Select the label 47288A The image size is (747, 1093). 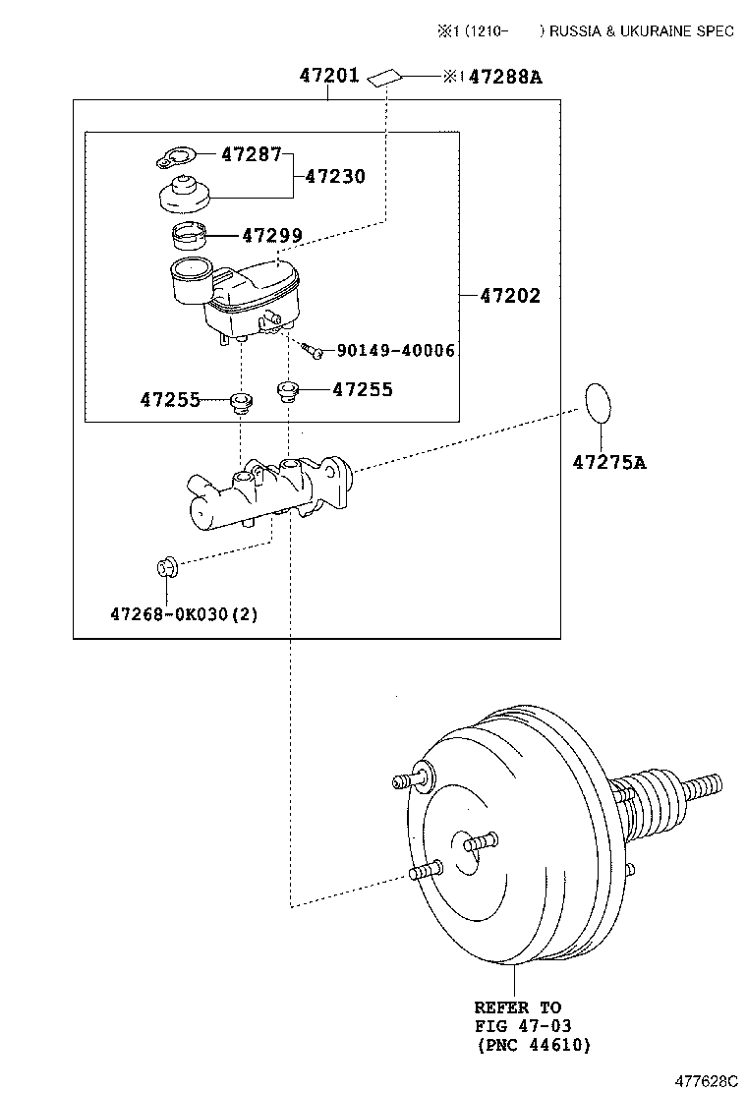[x=504, y=77]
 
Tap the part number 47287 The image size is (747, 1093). [x=251, y=154]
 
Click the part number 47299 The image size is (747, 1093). [x=272, y=236]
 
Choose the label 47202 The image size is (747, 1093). [x=509, y=296]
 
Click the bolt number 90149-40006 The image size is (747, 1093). [x=395, y=350]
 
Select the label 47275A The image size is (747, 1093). [x=609, y=462]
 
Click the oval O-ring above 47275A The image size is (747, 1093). [x=597, y=403]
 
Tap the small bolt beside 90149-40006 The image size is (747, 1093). [x=313, y=348]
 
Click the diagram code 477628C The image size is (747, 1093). [x=705, y=1080]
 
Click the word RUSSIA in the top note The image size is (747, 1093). [x=577, y=31]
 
